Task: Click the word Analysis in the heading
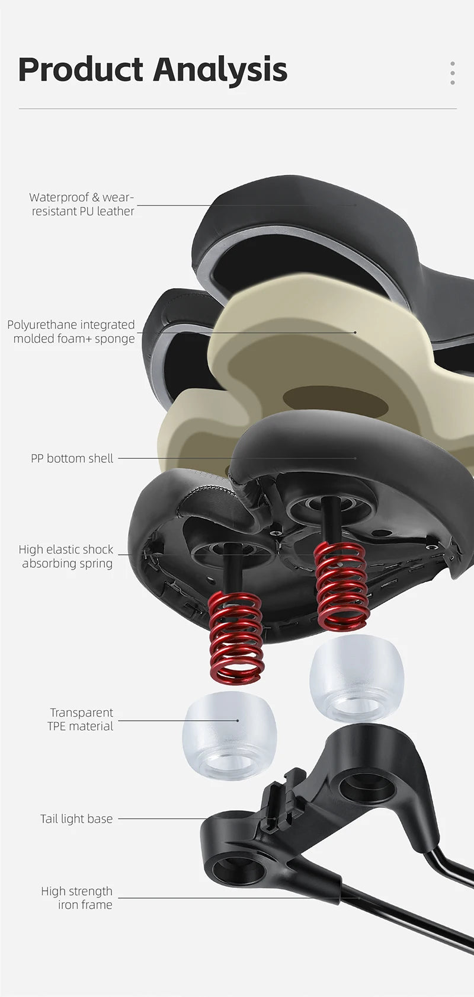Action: [x=221, y=71]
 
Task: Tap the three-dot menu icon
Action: [x=453, y=73]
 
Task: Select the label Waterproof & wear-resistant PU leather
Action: [x=82, y=204]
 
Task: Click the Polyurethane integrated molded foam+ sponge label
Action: [x=71, y=331]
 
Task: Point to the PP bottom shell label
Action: [x=72, y=458]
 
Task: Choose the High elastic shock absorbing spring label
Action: [x=66, y=557]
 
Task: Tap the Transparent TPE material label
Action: [x=81, y=719]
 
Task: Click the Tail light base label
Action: [x=76, y=819]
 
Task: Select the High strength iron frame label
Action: [x=76, y=898]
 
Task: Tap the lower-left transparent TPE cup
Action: [x=229, y=735]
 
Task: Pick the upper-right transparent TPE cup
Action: [x=357, y=678]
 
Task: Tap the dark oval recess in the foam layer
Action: [x=335, y=401]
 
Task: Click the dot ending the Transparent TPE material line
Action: [x=238, y=720]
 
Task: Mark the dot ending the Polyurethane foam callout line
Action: [x=355, y=332]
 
